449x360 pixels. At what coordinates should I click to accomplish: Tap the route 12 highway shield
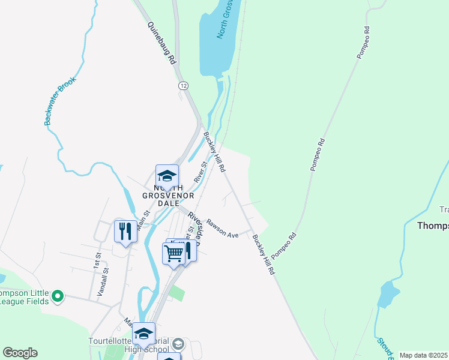tap(182, 86)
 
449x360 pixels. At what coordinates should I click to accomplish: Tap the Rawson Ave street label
tap(223, 229)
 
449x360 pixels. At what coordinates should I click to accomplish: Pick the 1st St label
tap(96, 260)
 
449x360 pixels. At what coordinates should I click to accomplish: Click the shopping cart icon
tap(173, 253)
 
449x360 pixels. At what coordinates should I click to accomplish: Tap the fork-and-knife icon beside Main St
tap(125, 232)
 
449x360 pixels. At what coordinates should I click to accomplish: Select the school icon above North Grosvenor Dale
tap(167, 176)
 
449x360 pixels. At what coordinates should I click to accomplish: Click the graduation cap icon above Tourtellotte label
tap(143, 334)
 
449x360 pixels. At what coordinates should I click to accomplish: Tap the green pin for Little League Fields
tap(58, 296)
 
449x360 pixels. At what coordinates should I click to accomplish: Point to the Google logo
tap(20, 353)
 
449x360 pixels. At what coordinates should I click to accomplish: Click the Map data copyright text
tap(423, 355)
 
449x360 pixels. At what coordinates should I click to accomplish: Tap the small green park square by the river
tap(176, 293)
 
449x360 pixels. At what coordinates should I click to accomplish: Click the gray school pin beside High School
tap(178, 344)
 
